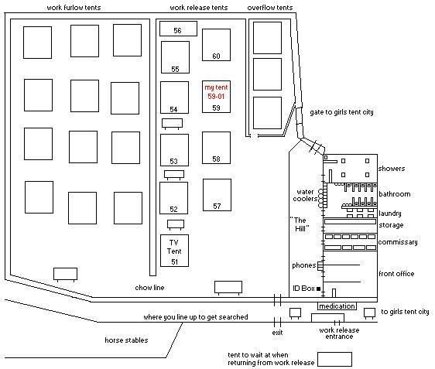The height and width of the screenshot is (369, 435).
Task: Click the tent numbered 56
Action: tap(178, 29)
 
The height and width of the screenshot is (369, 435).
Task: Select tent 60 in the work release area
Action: tap(216, 45)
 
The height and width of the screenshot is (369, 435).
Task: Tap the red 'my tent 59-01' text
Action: tap(216, 92)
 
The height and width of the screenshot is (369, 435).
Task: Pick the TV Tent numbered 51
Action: tap(174, 251)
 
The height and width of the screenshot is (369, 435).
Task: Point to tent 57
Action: tap(217, 195)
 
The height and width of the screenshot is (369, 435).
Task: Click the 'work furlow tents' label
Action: tap(74, 8)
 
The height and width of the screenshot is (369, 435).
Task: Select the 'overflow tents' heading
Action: tap(270, 8)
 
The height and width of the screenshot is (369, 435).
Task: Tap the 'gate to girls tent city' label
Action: tap(341, 112)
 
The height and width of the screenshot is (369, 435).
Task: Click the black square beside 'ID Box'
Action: tap(318, 289)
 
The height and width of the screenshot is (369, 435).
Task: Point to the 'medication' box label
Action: tap(337, 306)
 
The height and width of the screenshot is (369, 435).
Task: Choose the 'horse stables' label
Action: tap(126, 340)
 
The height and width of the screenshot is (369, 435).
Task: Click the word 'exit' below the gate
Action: tap(277, 333)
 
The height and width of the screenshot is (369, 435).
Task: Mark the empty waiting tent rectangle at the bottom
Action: tap(334, 359)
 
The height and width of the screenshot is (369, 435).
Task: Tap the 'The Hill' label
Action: tap(300, 224)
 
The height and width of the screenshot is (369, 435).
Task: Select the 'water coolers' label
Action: tap(305, 195)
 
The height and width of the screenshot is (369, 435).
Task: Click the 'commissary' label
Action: tap(398, 242)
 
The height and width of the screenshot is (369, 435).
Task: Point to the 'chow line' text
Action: tap(149, 288)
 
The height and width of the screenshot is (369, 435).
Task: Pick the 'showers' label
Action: tap(392, 169)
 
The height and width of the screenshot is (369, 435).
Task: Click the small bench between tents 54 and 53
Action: tap(173, 124)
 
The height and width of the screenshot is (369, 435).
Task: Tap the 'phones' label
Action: tap(303, 265)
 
